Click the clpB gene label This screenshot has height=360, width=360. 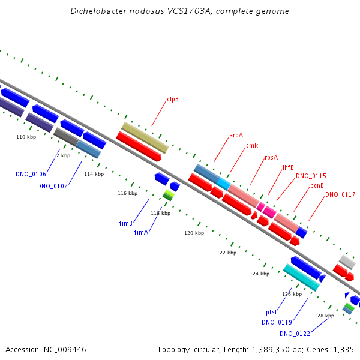pyautogui.click(x=173, y=100)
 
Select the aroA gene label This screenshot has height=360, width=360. pyautogui.click(x=236, y=135)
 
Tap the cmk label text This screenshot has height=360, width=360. pyautogui.click(x=252, y=146)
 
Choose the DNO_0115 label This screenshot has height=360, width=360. pyautogui.click(x=311, y=176)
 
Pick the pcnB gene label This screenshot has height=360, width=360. pyautogui.click(x=317, y=185)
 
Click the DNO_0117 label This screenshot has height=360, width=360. pyautogui.click(x=340, y=194)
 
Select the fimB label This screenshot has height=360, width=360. pyautogui.click(x=126, y=223)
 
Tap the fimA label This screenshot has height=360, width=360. pyautogui.click(x=141, y=232)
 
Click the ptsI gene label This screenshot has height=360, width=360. pyautogui.click(x=271, y=313)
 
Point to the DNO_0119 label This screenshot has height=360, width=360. pyautogui.click(x=277, y=322)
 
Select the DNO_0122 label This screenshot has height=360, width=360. pyautogui.click(x=295, y=334)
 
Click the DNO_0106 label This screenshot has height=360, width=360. pyautogui.click(x=31, y=174)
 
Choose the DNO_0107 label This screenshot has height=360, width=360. pyautogui.click(x=52, y=186)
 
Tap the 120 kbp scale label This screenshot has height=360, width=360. pyautogui.click(x=194, y=233)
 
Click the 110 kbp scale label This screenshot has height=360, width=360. pyautogui.click(x=26, y=137)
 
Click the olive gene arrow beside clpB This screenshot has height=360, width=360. pyautogui.click(x=145, y=137)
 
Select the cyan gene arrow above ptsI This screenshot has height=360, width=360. pyautogui.click(x=301, y=277)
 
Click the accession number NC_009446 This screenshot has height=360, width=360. pyautogui.click(x=65, y=349)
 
